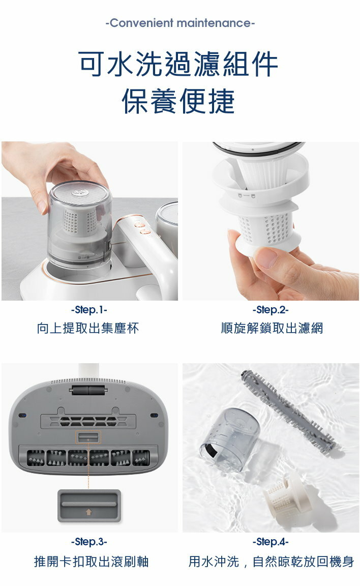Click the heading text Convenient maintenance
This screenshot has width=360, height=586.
point(180,23)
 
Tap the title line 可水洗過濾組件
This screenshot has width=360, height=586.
point(178,64)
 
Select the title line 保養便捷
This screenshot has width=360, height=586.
point(178,101)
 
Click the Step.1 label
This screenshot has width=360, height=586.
point(89,310)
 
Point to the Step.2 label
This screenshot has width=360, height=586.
point(271,310)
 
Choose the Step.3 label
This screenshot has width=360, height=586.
point(89,542)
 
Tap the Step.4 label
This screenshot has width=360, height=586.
point(271,542)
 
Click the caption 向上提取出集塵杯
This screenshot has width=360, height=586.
point(88,328)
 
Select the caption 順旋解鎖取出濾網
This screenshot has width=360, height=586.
point(272,328)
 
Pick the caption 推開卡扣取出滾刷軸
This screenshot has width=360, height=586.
point(91,562)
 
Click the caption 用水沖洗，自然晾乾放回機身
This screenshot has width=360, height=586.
point(271,562)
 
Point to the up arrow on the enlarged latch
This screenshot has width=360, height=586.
point(88,512)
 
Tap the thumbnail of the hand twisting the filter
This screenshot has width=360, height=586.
point(271,221)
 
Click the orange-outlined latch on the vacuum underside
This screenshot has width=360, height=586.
point(88,437)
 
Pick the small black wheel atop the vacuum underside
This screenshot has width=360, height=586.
point(88,391)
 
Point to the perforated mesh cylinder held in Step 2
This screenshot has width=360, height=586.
point(267,229)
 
